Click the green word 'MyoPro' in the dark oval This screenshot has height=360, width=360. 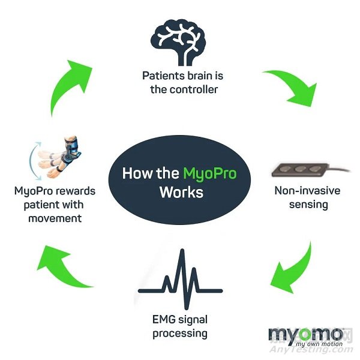[x=209, y=175]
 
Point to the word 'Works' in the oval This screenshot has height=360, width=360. [x=181, y=193]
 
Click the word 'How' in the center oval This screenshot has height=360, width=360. [x=136, y=175]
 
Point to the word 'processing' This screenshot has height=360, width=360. [x=181, y=333]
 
